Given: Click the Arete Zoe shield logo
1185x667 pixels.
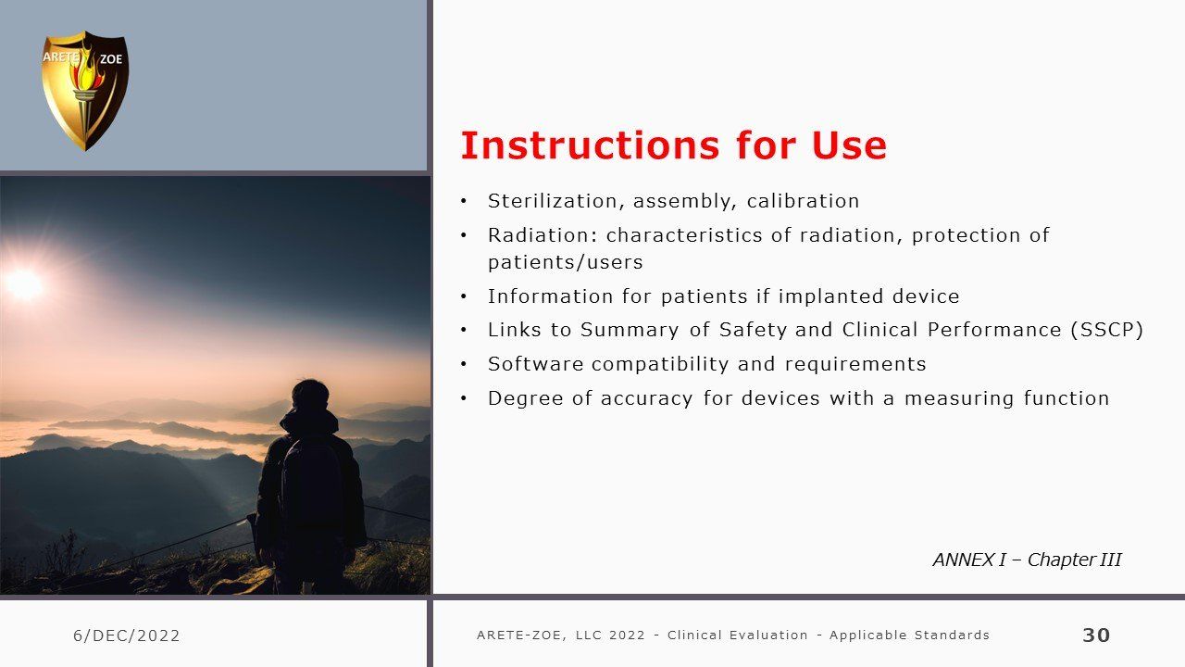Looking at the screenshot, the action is (85, 91).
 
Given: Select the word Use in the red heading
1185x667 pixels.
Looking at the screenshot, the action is (849, 145).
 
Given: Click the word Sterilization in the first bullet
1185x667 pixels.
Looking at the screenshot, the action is (556, 201).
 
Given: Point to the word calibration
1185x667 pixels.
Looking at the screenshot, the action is (803, 201).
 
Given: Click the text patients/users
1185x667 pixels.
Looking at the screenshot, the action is (565, 262).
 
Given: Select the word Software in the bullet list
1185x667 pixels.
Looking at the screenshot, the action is (535, 364).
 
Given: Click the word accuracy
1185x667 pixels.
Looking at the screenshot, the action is (646, 398).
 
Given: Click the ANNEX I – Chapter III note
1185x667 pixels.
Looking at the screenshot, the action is (1027, 560).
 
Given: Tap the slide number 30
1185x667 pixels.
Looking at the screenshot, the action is (1096, 636).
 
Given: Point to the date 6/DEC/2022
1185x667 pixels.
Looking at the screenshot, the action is (127, 636).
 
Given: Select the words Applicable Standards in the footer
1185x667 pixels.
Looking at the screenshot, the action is (909, 636).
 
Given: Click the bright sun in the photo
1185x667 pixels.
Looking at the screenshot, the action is (24, 284).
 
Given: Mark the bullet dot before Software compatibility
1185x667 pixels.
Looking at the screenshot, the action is (464, 365).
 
